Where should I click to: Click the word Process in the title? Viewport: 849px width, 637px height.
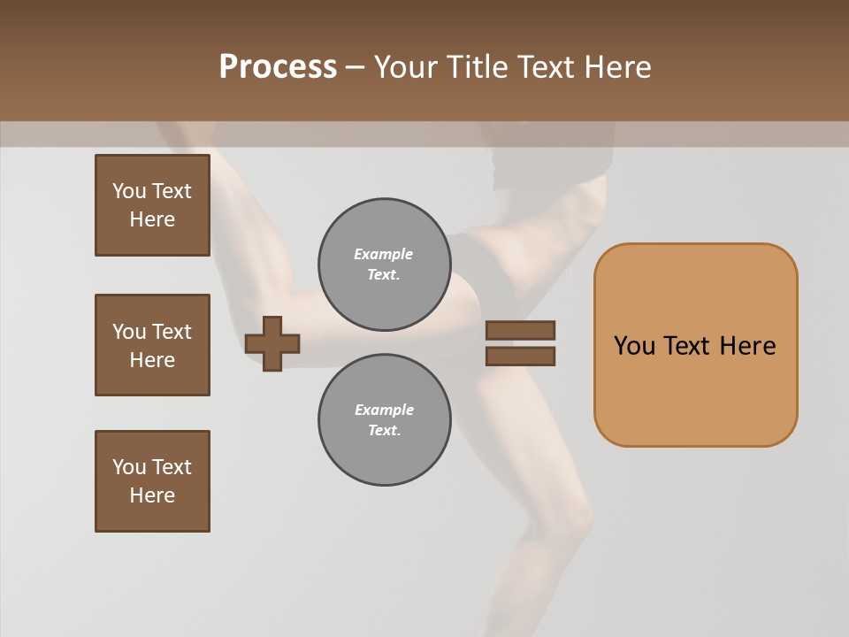(x=278, y=67)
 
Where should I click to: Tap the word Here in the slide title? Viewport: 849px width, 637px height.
(x=615, y=67)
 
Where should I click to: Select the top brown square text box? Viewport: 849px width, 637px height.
(x=152, y=205)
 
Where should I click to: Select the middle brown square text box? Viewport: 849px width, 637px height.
(x=152, y=345)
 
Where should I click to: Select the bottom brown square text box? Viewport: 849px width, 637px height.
(x=152, y=481)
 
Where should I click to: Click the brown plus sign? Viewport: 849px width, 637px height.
(x=272, y=343)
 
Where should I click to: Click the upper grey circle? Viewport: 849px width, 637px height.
(x=385, y=265)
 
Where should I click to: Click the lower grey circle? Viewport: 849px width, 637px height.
(x=385, y=420)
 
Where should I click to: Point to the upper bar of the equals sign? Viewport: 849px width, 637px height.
(x=520, y=330)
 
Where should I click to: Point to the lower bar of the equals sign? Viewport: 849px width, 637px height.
(x=520, y=357)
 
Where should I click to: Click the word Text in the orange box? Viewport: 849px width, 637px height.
(x=687, y=346)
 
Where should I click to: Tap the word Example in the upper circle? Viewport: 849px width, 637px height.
(x=384, y=254)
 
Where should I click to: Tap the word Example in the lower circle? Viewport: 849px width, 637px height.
(x=384, y=410)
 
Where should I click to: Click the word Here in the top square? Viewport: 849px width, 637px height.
(x=152, y=219)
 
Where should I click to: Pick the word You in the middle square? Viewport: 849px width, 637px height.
(x=128, y=332)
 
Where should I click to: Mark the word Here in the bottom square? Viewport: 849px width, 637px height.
(x=152, y=495)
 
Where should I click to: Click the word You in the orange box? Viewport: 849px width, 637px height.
(x=634, y=346)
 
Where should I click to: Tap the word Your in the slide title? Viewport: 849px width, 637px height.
(x=405, y=67)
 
